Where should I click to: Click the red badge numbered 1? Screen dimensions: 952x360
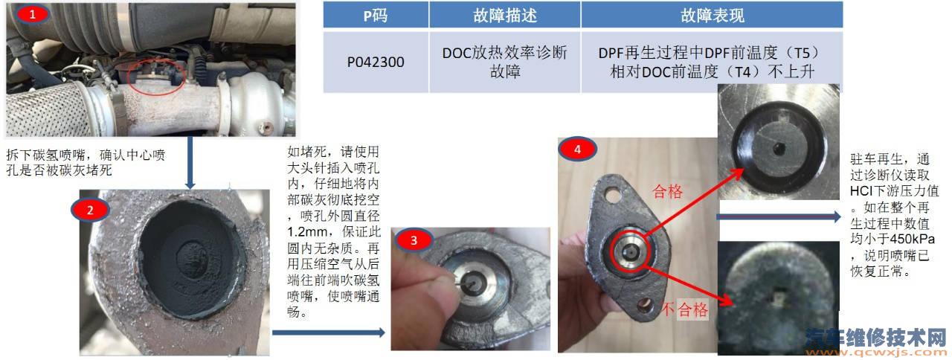click(x=32, y=14)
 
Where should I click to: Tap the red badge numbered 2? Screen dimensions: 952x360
click(x=90, y=210)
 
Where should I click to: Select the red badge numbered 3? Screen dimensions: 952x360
click(x=414, y=240)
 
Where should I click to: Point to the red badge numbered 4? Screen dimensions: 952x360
click(x=577, y=150)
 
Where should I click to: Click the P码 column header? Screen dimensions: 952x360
click(x=376, y=16)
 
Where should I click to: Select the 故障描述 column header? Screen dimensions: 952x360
click(x=505, y=16)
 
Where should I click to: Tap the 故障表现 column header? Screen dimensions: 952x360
click(x=713, y=16)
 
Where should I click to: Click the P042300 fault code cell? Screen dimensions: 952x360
click(x=376, y=62)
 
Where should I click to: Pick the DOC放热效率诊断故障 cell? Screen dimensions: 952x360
click(x=505, y=62)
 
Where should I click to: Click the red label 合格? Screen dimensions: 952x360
click(x=668, y=192)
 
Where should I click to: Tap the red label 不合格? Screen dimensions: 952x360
click(x=685, y=309)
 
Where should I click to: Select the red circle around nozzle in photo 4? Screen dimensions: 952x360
click(x=631, y=251)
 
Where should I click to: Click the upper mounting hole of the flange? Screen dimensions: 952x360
click(x=612, y=195)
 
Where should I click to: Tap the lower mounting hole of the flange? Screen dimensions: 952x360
click(x=645, y=305)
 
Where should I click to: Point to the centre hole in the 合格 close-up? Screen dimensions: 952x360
click(x=779, y=148)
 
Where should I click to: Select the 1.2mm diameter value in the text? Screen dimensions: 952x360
click(x=307, y=232)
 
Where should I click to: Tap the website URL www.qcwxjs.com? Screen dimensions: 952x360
click(x=876, y=353)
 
